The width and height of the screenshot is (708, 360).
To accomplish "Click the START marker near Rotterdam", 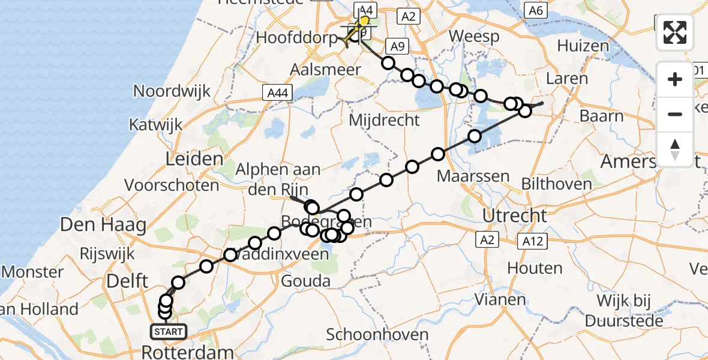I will pos(166,331).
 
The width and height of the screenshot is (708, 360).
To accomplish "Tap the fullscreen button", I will pos(675,32).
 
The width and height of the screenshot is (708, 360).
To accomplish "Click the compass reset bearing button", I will pos(675,149).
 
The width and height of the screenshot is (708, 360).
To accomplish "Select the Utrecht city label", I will pos(509,215).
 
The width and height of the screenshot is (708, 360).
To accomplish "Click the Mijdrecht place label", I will pos(385,120).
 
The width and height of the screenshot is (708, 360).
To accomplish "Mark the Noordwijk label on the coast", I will pos(172,91).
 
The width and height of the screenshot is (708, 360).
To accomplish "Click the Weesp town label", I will pos(474,37).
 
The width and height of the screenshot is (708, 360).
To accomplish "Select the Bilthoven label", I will pos(557,184).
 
